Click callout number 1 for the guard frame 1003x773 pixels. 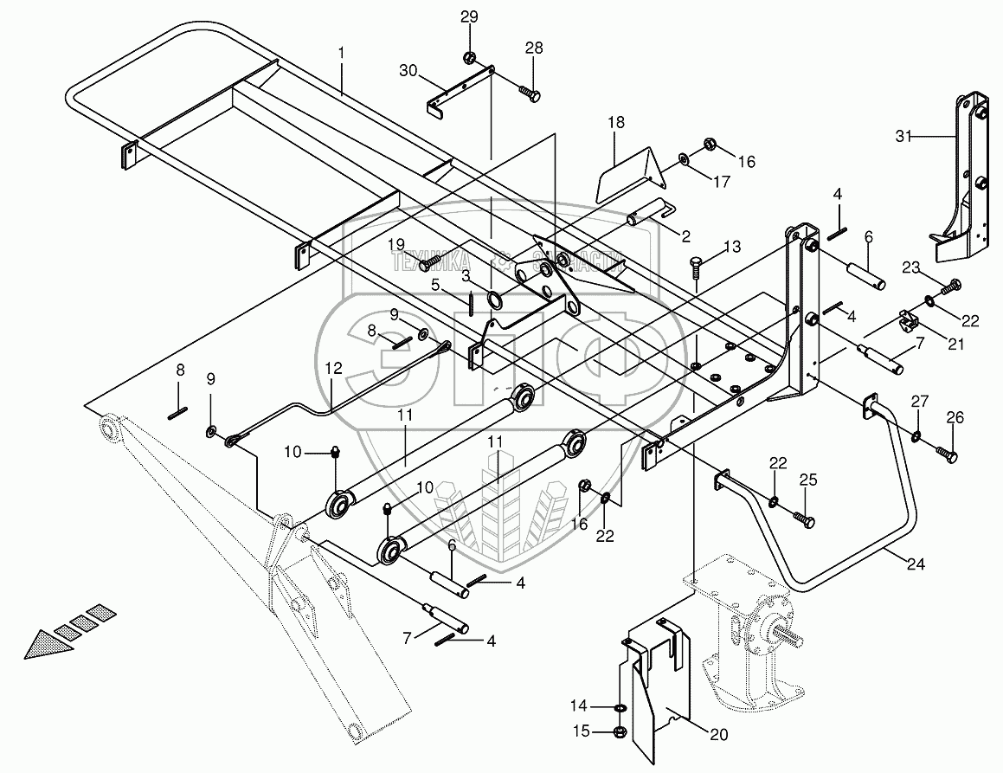[341, 53]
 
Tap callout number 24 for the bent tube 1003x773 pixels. [916, 564]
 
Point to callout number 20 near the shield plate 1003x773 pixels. [719, 735]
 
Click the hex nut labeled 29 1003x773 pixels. [468, 58]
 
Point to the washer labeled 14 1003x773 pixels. [619, 708]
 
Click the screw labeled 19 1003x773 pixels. [429, 257]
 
